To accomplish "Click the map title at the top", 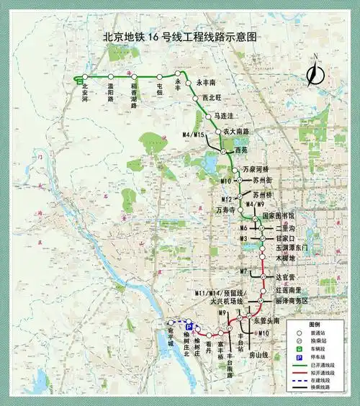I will [x=179, y=36].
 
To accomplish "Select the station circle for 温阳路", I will [x=111, y=76].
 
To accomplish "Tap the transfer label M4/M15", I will [x=194, y=135].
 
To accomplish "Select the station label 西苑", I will [x=240, y=150].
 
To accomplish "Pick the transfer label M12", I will [x=227, y=199].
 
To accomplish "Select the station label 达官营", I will [x=287, y=276].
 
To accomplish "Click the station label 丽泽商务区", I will [x=292, y=299].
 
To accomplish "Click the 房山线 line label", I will [x=257, y=355].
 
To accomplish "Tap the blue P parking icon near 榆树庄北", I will [x=189, y=326].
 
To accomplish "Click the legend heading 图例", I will [x=314, y=324].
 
